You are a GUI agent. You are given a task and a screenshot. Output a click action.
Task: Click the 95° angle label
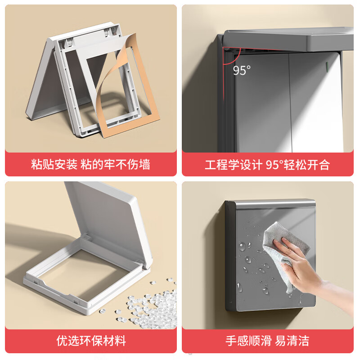click(242, 71)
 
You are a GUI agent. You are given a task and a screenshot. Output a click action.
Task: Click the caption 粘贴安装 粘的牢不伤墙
click(90, 164)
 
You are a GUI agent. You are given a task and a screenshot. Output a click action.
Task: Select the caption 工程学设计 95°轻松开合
click(267, 165)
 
